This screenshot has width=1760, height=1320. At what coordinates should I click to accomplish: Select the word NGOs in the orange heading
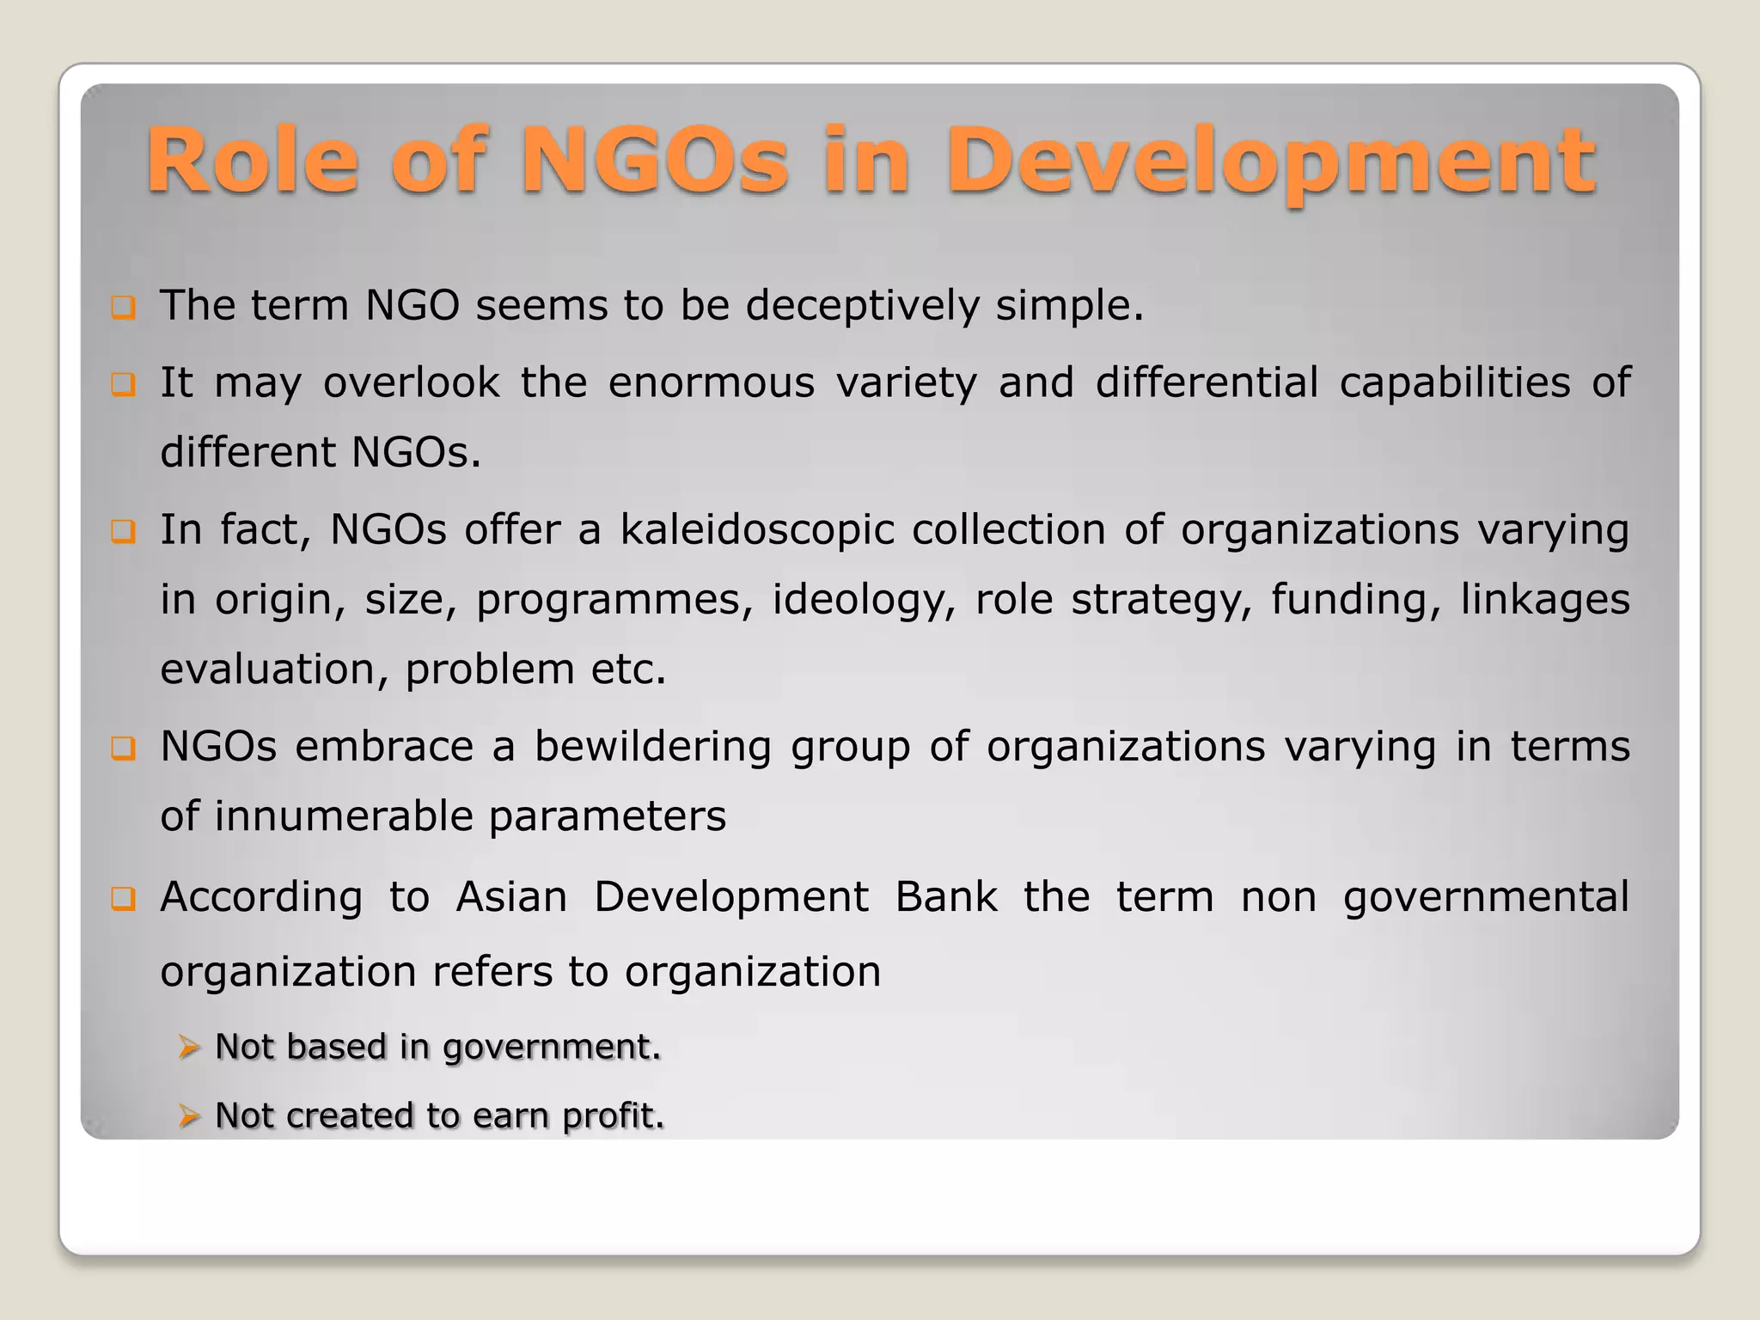[655, 162]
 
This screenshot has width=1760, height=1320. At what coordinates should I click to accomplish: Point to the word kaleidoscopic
[757, 530]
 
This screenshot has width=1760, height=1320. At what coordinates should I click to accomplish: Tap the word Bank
[945, 897]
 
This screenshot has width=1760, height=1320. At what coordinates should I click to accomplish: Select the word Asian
[511, 897]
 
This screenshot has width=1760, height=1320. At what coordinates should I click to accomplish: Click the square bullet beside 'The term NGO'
[123, 307]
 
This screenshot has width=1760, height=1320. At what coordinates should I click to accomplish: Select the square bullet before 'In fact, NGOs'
[123, 532]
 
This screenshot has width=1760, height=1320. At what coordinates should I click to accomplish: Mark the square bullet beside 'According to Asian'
[123, 899]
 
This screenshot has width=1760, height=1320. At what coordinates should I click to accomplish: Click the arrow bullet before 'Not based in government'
[189, 1047]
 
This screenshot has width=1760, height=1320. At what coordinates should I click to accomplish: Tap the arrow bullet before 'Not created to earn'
[189, 1115]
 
